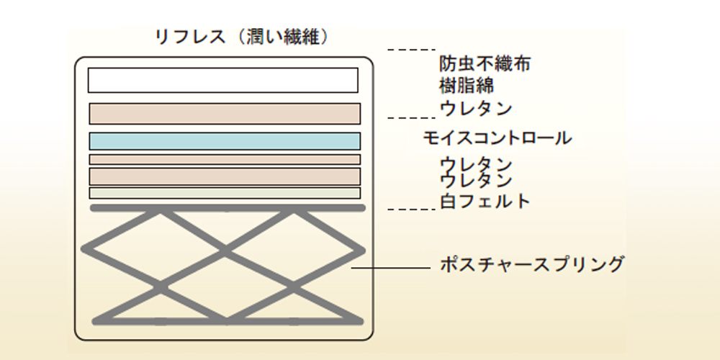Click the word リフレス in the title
click(190, 37)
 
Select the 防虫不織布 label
click(485, 64)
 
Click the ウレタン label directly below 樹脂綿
click(476, 109)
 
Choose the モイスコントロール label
click(498, 138)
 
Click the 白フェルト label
click(485, 201)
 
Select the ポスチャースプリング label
click(531, 264)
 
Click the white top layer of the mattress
click(223, 80)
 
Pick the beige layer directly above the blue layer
click(225, 114)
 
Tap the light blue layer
click(225, 141)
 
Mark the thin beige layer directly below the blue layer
click(225, 159)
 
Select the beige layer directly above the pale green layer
click(225, 176)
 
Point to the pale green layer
click(225, 193)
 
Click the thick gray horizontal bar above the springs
click(228, 208)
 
